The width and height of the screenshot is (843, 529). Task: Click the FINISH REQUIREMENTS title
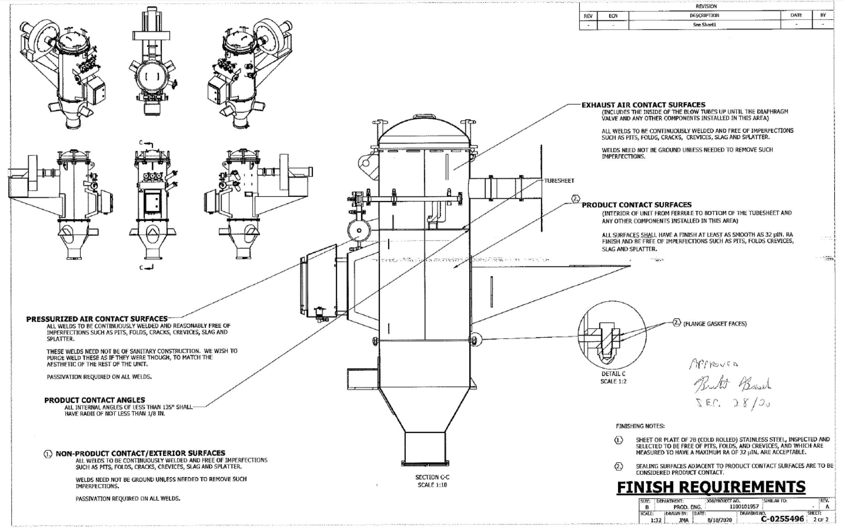(x=711, y=487)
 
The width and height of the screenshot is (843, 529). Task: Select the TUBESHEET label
(x=559, y=181)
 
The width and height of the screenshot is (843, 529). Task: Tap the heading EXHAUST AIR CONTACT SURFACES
(x=644, y=105)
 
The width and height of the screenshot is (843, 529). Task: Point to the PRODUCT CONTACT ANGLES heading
(x=95, y=400)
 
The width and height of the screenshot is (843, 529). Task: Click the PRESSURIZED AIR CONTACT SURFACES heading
(x=97, y=319)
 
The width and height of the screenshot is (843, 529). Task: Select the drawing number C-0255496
(x=782, y=519)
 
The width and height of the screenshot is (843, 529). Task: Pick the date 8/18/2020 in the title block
(x=719, y=520)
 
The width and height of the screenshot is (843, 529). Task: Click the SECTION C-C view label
(x=432, y=477)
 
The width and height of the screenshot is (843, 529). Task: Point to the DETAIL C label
(x=613, y=374)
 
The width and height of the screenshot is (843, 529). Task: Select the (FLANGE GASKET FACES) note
(x=715, y=324)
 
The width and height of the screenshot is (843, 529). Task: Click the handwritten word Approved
(x=714, y=363)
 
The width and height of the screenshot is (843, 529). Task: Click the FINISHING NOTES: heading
(x=640, y=426)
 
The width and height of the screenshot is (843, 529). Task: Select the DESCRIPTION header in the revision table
(x=704, y=15)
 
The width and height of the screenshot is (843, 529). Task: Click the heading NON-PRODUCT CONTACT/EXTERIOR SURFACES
(x=140, y=453)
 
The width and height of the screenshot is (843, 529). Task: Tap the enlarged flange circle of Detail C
(x=606, y=339)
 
